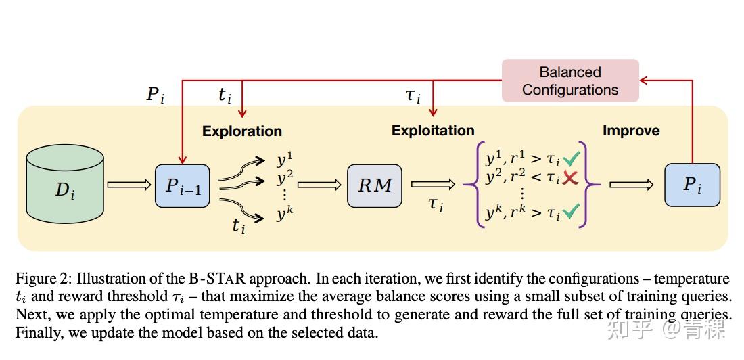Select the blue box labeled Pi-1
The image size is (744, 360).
click(x=183, y=184)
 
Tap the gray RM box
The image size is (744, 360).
click(x=374, y=185)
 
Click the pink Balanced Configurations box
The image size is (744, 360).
click(x=570, y=81)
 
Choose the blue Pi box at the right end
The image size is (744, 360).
click(x=692, y=184)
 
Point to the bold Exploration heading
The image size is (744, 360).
click(x=242, y=131)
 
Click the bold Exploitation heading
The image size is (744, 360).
click(x=433, y=130)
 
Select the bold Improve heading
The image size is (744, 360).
click(x=631, y=131)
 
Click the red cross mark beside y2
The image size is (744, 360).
click(x=570, y=178)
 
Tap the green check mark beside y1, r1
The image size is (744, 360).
click(x=571, y=160)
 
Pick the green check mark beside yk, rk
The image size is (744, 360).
click(x=571, y=213)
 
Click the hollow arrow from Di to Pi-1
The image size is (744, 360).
click(x=129, y=184)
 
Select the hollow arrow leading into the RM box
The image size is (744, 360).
click(x=319, y=184)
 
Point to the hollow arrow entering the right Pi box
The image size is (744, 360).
click(x=631, y=185)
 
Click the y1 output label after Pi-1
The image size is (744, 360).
click(x=284, y=160)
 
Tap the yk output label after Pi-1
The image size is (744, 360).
click(x=284, y=215)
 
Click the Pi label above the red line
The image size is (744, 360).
click(x=155, y=95)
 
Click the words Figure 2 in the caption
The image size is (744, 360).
click(x=41, y=279)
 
